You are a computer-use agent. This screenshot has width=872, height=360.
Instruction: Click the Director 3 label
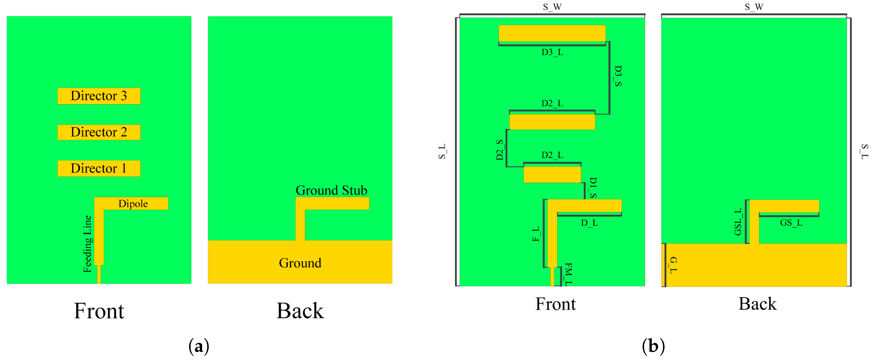99,96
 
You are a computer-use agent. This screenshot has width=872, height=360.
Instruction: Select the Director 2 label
99,132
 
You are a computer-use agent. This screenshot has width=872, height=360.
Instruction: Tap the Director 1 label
99,168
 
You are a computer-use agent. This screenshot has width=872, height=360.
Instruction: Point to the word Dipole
133,204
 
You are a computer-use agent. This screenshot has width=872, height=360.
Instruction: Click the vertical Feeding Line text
87,244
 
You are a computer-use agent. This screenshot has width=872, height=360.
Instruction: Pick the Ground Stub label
331,190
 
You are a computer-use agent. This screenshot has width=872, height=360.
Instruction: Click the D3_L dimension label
552,52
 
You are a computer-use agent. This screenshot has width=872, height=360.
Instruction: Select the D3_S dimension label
618,76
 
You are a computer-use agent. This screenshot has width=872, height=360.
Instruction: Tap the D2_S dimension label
500,150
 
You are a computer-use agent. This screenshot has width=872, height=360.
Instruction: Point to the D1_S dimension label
593,188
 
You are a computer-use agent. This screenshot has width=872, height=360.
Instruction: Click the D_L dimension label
589,223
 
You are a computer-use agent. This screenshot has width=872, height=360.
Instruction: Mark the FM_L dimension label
568,274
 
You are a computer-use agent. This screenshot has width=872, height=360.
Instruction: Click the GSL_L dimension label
738,222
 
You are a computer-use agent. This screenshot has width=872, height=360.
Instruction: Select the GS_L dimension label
791,223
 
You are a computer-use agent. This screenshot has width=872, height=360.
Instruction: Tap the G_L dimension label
673,265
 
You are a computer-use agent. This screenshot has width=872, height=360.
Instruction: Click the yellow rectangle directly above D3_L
552,33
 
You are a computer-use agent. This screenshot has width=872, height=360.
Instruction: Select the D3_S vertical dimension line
609,78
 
